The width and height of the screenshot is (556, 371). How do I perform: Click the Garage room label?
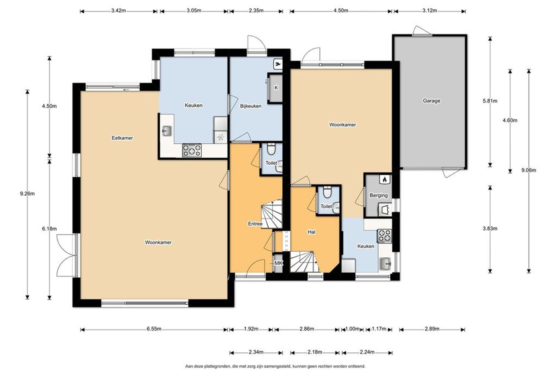[x=431, y=101]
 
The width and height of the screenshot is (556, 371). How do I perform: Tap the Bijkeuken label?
[x=251, y=106]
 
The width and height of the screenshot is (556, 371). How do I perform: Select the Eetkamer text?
[x=122, y=138]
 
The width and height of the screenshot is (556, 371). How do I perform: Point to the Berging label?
[x=378, y=195]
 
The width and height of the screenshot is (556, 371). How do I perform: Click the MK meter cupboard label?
[x=279, y=263]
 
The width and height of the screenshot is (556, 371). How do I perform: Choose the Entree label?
[x=255, y=224]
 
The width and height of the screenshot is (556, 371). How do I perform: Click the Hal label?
[x=311, y=232]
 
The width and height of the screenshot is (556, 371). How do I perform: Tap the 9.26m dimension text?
[x=27, y=194]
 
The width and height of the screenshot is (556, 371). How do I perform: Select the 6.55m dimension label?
[x=154, y=329]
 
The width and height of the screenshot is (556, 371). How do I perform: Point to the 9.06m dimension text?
[x=529, y=170]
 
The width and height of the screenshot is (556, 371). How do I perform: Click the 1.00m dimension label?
[x=352, y=329]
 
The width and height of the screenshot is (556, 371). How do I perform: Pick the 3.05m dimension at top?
[x=194, y=11]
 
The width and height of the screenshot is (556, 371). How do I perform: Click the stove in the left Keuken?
[x=192, y=150]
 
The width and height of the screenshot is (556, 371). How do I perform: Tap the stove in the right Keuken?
[x=385, y=236]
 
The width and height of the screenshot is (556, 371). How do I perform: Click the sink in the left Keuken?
[x=167, y=131]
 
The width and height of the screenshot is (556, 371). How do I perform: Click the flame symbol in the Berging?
[x=385, y=179]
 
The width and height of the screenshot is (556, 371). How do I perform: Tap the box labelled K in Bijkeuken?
[x=276, y=88]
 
